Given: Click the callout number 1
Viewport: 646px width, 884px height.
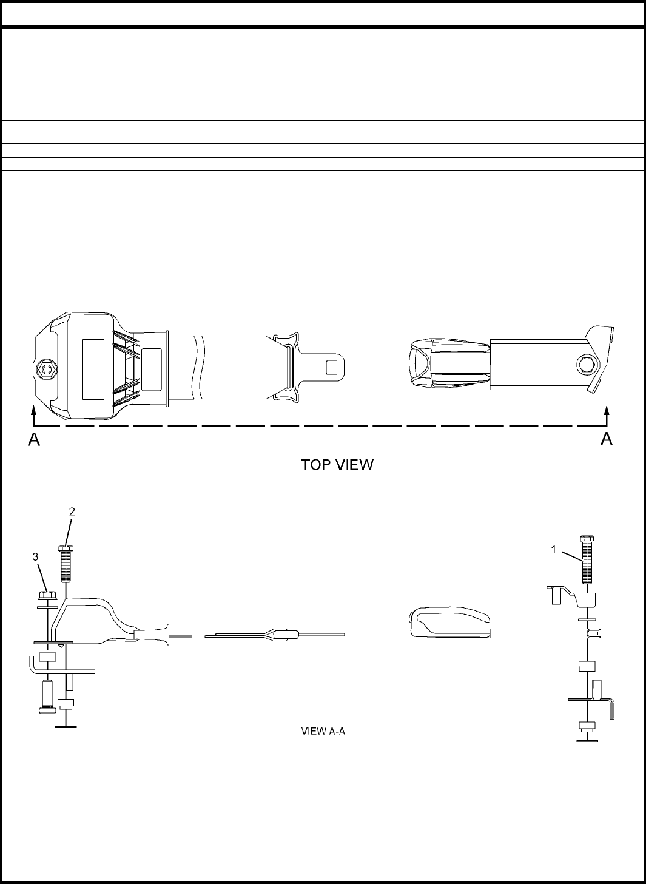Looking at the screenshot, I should (x=553, y=550).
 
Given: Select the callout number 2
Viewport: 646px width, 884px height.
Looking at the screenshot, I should (x=72, y=511).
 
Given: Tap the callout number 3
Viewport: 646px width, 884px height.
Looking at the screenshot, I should (x=35, y=556).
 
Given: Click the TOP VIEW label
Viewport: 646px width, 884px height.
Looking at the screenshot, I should (x=337, y=465).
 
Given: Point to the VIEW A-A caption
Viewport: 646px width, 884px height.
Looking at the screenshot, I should (x=323, y=731).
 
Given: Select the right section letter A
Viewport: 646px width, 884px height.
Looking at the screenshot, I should (x=606, y=439).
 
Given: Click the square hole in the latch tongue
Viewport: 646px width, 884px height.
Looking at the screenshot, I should (x=332, y=366).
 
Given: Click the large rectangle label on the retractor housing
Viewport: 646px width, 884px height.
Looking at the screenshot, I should (x=93, y=369).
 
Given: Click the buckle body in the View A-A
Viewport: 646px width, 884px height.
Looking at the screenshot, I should (x=449, y=624).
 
